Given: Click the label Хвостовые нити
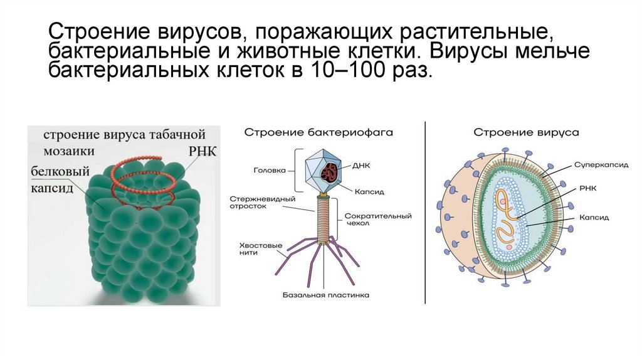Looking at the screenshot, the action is (260, 250).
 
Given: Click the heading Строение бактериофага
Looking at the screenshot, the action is (318, 133).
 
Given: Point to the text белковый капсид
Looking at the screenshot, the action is (60, 180).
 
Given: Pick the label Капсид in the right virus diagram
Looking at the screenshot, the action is (594, 218).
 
